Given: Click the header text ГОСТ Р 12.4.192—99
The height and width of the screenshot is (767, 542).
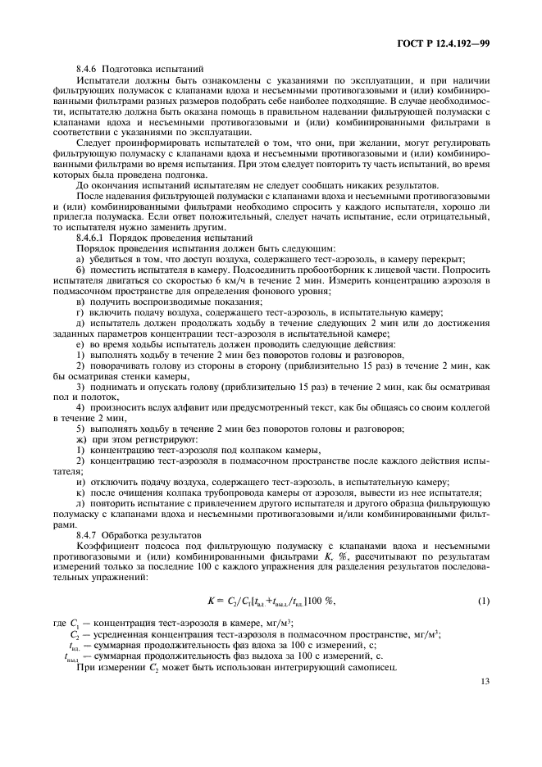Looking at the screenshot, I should coord(443,39).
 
